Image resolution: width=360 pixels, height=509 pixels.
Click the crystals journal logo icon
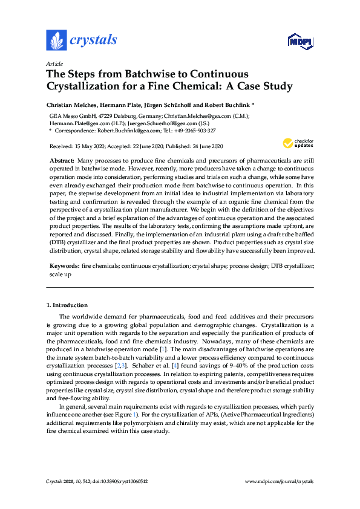[56, 41]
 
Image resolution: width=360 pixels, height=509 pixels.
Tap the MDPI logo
[300, 41]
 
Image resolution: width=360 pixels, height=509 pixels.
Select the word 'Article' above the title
[54, 63]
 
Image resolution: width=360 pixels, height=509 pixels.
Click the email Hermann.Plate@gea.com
[76, 122]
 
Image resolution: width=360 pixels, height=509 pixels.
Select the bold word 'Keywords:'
[64, 265]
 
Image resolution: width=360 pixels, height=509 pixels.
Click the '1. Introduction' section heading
[67, 305]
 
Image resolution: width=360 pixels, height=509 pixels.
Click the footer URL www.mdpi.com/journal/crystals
[279, 481]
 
